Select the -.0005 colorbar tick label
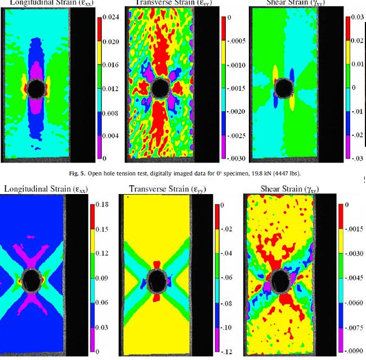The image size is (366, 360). click(235, 41)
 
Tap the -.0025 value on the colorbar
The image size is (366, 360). click(235, 136)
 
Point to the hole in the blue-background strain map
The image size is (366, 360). click(32, 280)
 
